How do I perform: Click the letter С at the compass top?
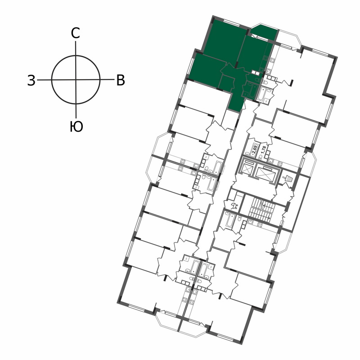point(75,33)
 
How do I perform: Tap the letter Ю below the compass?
point(76,127)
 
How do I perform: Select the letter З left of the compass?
point(31,81)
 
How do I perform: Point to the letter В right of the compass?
point(121,81)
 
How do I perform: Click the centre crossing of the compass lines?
point(76,80)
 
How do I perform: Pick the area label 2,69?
point(255,150)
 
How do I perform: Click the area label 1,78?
point(264,150)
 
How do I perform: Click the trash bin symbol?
point(288,178)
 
